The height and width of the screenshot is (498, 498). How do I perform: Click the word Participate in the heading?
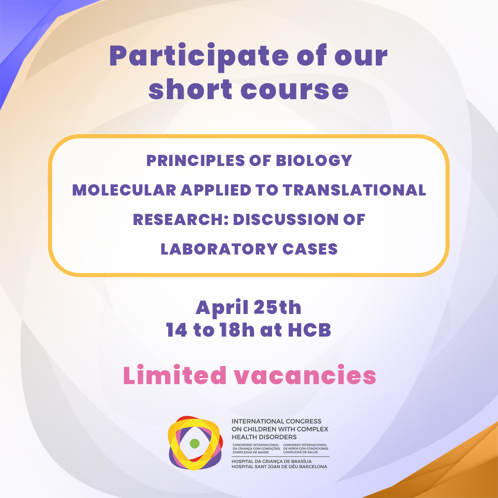click(x=199, y=57)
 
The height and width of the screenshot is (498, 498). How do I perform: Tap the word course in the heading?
click(x=294, y=89)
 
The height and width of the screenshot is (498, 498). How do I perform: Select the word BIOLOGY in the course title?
click(x=314, y=160)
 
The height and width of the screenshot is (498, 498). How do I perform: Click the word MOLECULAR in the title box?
click(x=124, y=190)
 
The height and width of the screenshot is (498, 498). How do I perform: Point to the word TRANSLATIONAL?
click(x=355, y=190)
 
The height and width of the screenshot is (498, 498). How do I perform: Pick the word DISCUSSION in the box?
click(x=286, y=219)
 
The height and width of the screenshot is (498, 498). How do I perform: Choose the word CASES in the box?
click(x=310, y=249)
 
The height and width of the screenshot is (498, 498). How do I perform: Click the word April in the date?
click(x=222, y=308)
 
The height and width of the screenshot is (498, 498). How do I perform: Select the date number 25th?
click(x=277, y=308)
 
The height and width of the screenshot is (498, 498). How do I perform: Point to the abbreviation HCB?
click(x=309, y=330)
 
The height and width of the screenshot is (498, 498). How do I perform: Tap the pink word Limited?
click(x=175, y=375)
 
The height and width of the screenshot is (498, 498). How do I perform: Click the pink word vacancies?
click(x=305, y=375)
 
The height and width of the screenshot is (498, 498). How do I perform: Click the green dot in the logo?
click(x=195, y=444)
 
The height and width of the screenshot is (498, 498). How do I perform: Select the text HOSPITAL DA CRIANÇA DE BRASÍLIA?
click(x=272, y=461)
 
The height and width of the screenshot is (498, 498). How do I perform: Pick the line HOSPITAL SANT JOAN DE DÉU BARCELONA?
click(x=279, y=467)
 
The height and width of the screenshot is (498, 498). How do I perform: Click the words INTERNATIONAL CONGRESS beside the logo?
click(x=276, y=421)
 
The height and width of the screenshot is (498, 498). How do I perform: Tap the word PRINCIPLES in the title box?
click(x=196, y=160)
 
